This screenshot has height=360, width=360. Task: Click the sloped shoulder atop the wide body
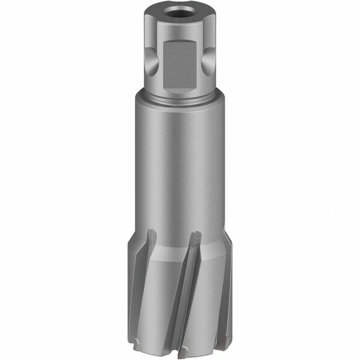tap(179, 106)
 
